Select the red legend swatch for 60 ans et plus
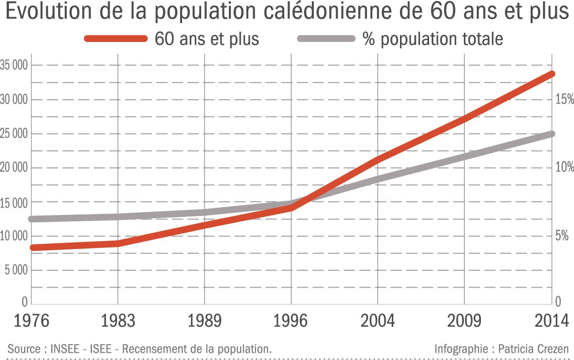coord(116,39)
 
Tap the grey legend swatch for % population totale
coord(327,39)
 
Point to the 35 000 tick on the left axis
coord(14,65)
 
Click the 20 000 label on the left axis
coord(14,168)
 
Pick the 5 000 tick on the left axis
coord(15,270)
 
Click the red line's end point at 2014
coord(551,74)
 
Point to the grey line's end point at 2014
coord(551,134)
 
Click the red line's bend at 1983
coord(118,243)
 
